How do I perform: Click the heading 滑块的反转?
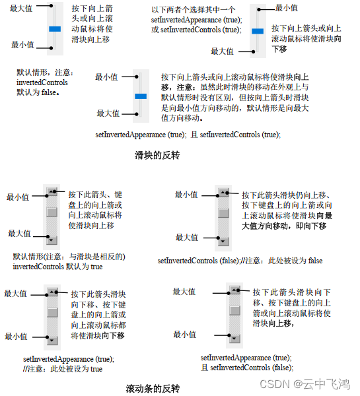(x=157, y=156)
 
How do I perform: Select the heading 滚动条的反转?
(x=153, y=388)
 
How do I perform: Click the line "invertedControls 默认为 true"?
(x=57, y=267)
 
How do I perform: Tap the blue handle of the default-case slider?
(x=55, y=28)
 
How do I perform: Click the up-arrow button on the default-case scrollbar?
(x=52, y=192)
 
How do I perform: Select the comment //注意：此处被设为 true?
(x=62, y=369)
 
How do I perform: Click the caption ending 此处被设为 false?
(x=240, y=261)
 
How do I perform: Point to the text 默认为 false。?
(x=38, y=93)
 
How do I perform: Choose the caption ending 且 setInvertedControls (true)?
(x=188, y=135)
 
